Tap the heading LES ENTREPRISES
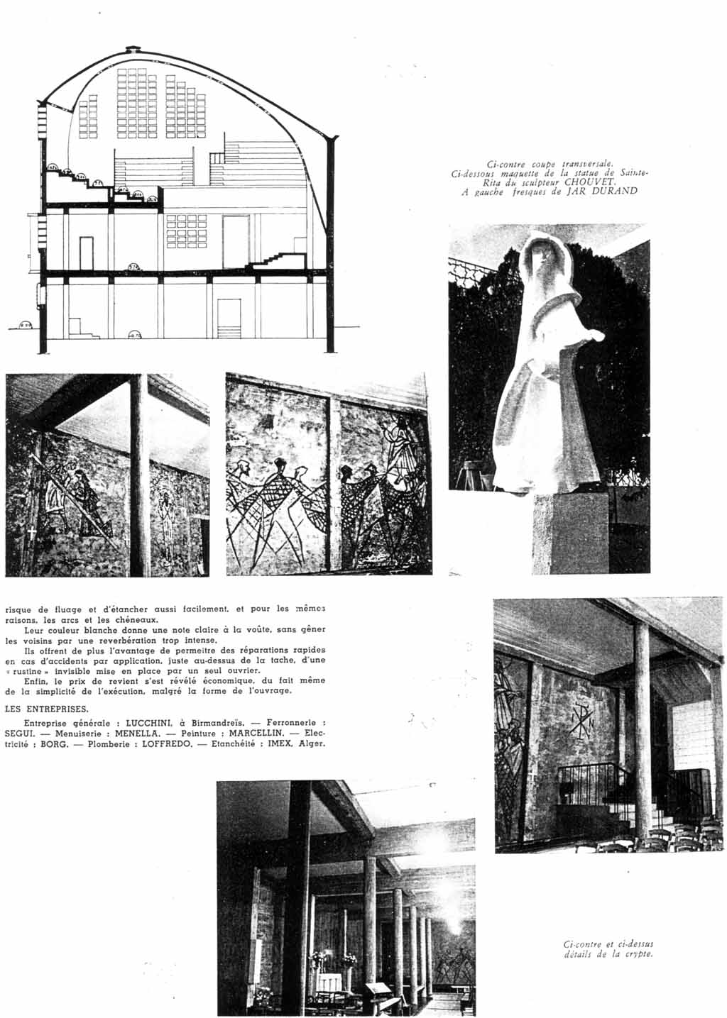click(47, 708)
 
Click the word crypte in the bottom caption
click(636, 953)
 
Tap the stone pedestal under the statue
click(571, 532)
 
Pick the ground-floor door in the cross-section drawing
click(227, 318)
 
